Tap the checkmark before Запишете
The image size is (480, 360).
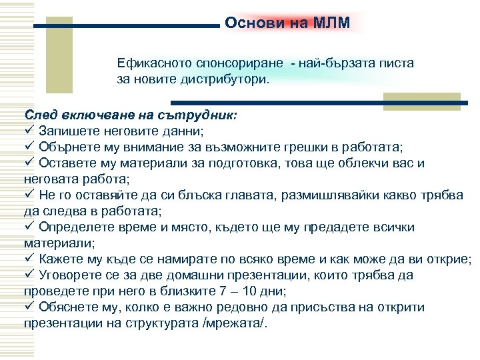29,131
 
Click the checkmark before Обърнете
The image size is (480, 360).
29,147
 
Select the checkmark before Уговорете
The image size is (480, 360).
29,275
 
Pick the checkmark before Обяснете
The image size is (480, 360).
29,307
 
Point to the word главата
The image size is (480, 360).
246,195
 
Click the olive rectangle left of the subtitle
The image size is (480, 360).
63,55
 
